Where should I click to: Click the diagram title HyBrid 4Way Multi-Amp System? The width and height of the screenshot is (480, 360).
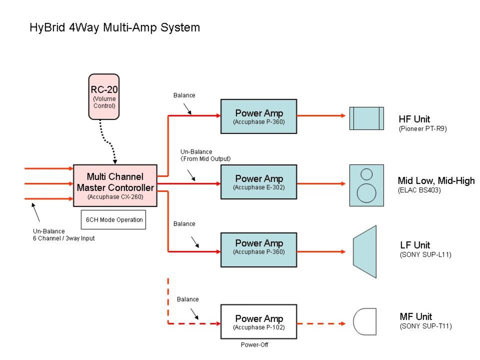tap(114, 28)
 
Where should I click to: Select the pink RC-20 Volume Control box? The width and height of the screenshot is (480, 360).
tap(104, 97)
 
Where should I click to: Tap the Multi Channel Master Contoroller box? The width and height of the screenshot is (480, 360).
tap(115, 186)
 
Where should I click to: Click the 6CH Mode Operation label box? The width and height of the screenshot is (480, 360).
tap(113, 220)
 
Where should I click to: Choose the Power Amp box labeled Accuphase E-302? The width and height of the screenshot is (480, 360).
tap(259, 182)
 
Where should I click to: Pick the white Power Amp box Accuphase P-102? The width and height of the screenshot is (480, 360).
tap(259, 322)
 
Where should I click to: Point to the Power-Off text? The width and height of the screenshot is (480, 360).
tap(254, 345)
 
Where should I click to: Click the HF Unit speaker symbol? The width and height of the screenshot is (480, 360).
tap(367, 118)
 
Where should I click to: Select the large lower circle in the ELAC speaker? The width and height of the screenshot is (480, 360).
tap(367, 193)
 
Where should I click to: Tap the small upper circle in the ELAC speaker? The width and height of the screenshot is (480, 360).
tap(367, 174)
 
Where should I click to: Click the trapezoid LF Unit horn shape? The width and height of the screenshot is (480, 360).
tap(365, 252)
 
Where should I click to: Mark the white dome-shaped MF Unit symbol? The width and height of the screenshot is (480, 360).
tap(365, 322)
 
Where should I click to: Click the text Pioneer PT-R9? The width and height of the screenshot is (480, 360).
tap(423, 128)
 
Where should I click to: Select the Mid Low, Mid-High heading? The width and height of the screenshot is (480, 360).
tap(436, 181)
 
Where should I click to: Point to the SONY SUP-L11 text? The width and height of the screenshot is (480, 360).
tap(426, 255)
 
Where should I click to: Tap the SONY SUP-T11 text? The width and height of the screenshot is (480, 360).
tap(426, 326)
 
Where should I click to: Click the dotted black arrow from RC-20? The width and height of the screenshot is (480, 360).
tap(107, 142)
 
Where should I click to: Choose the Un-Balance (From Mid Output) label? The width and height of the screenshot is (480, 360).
tap(205, 155)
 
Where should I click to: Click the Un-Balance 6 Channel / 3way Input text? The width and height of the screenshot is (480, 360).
tap(64, 234)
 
